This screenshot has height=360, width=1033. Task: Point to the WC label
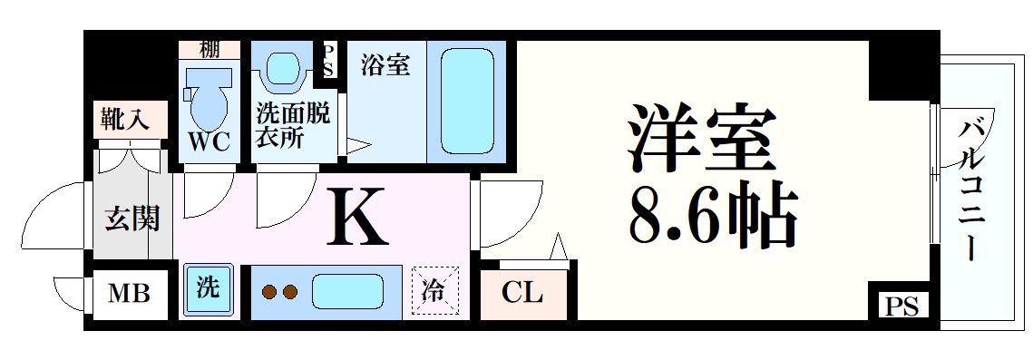click(210, 141)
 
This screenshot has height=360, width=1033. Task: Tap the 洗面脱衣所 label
click(293, 127)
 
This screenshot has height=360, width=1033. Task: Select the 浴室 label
click(385, 65)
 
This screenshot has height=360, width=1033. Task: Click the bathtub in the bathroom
click(467, 100)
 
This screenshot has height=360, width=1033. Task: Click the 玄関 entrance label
click(132, 219)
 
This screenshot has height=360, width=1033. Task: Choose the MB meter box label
click(129, 294)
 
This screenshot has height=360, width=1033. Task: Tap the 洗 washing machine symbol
click(208, 288)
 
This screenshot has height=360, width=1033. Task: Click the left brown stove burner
click(268, 292)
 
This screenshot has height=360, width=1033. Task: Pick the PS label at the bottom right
click(901, 306)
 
